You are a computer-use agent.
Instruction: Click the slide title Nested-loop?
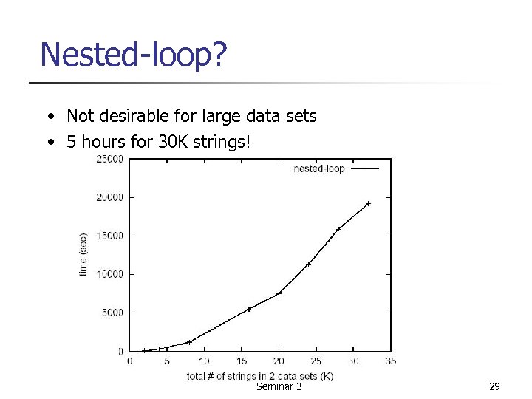(x=133, y=55)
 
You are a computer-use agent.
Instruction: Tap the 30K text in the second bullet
(x=174, y=141)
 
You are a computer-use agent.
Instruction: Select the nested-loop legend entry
(x=319, y=168)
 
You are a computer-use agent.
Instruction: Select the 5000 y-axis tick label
(x=112, y=313)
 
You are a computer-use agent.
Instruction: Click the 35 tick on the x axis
(x=391, y=361)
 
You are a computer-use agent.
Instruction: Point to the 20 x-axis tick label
(x=279, y=361)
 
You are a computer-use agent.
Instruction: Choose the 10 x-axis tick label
(x=204, y=361)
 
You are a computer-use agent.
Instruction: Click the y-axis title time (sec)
(x=83, y=255)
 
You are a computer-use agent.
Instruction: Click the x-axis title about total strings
(x=260, y=375)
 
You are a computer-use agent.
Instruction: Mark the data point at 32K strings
(x=368, y=203)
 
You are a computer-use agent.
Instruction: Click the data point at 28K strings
(x=338, y=229)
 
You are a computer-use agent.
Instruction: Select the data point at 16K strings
(x=249, y=309)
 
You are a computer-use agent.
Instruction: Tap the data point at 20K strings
(x=279, y=293)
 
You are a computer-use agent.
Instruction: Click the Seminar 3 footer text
(x=278, y=387)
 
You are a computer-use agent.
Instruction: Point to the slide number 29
(x=494, y=387)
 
